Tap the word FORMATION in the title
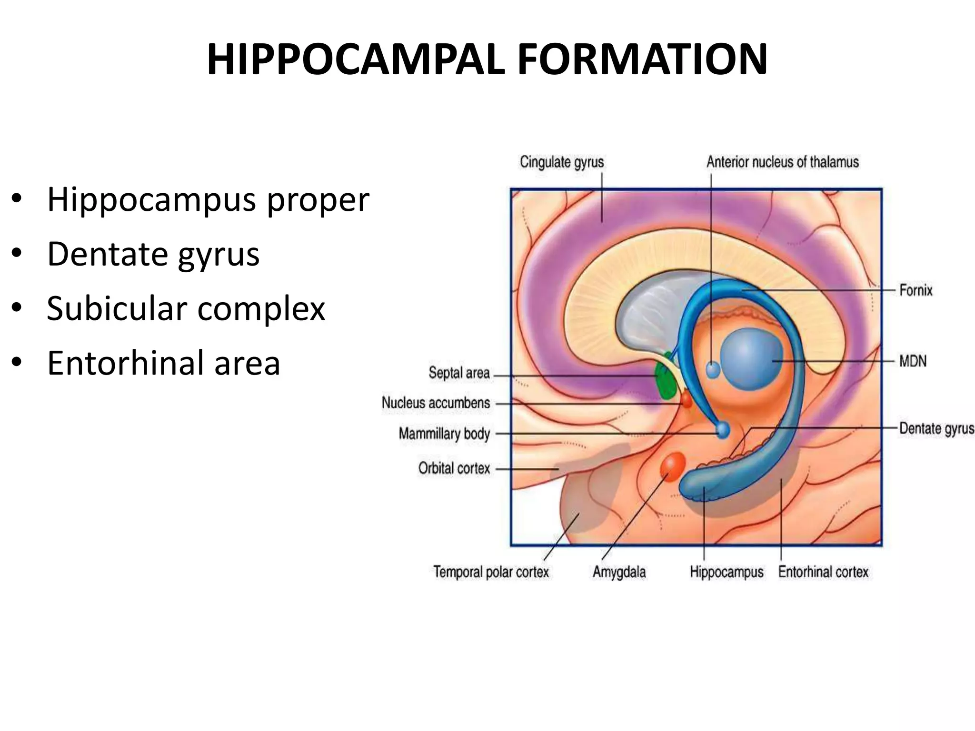click(642, 60)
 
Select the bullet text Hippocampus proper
click(208, 199)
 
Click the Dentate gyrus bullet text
click(153, 254)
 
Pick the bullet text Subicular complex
click(186, 308)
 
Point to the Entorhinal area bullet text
click(163, 363)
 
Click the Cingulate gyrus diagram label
click(562, 162)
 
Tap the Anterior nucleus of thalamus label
click(783, 162)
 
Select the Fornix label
click(915, 290)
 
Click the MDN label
click(913, 361)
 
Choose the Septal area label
click(459, 373)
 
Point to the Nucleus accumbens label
click(436, 403)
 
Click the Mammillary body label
click(444, 434)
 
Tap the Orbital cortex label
click(454, 468)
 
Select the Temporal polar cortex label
click(491, 572)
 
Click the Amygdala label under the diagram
click(619, 572)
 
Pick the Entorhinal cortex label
click(823, 572)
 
